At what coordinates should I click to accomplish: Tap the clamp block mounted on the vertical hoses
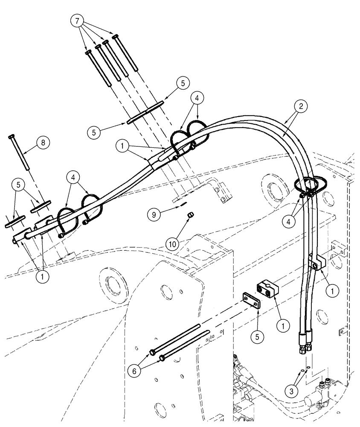coord(316,263)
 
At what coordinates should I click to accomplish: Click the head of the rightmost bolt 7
coord(115,38)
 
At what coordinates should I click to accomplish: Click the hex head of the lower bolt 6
coord(162,357)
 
